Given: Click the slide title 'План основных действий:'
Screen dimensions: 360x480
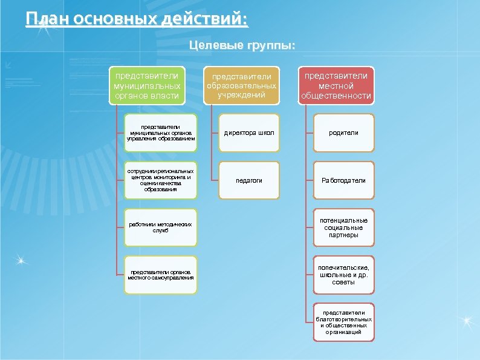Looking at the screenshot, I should point(137,19).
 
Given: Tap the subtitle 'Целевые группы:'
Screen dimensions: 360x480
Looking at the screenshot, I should point(242,46).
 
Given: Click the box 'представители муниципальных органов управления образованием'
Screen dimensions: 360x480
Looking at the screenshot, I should point(160,133).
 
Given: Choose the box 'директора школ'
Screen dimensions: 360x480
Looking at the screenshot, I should point(249,133).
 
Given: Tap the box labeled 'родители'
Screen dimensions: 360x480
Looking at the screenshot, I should point(343,133).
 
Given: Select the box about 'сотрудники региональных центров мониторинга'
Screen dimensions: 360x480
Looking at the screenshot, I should point(160,180).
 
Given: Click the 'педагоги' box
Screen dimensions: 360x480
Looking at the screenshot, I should point(249,180).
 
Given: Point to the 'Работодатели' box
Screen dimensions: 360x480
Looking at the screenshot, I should point(343,180).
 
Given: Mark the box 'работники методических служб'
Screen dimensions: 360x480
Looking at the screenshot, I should point(160,227).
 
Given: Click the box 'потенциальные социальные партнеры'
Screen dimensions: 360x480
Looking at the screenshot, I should point(343,227).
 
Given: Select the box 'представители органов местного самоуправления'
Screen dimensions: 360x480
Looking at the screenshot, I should point(160,275).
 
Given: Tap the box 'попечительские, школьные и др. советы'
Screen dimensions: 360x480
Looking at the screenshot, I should point(343,275).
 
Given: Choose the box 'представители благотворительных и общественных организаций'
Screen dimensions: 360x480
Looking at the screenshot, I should point(343,322).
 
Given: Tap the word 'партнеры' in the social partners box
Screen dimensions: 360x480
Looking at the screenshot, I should point(343,235).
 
